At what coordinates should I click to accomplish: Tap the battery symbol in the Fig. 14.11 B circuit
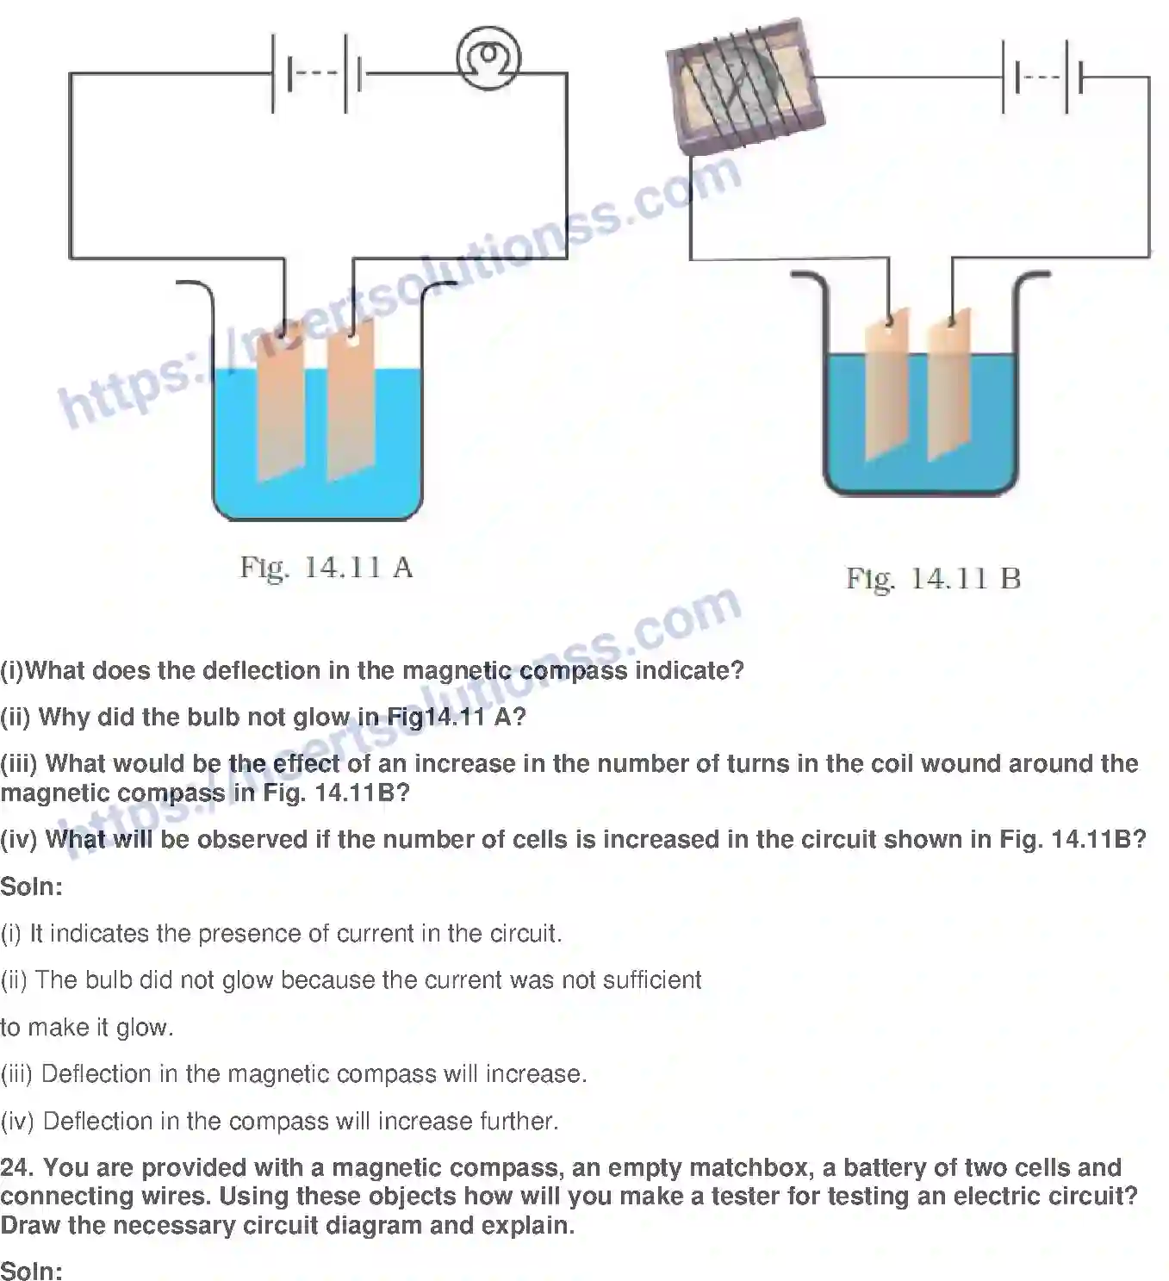[1043, 77]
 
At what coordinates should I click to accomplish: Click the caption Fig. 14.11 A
[326, 568]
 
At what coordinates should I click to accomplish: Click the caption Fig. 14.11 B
[933, 578]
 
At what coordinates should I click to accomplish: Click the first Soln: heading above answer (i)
[32, 886]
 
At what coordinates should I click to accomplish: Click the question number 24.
[16, 1168]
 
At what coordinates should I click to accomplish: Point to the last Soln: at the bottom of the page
[32, 1271]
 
